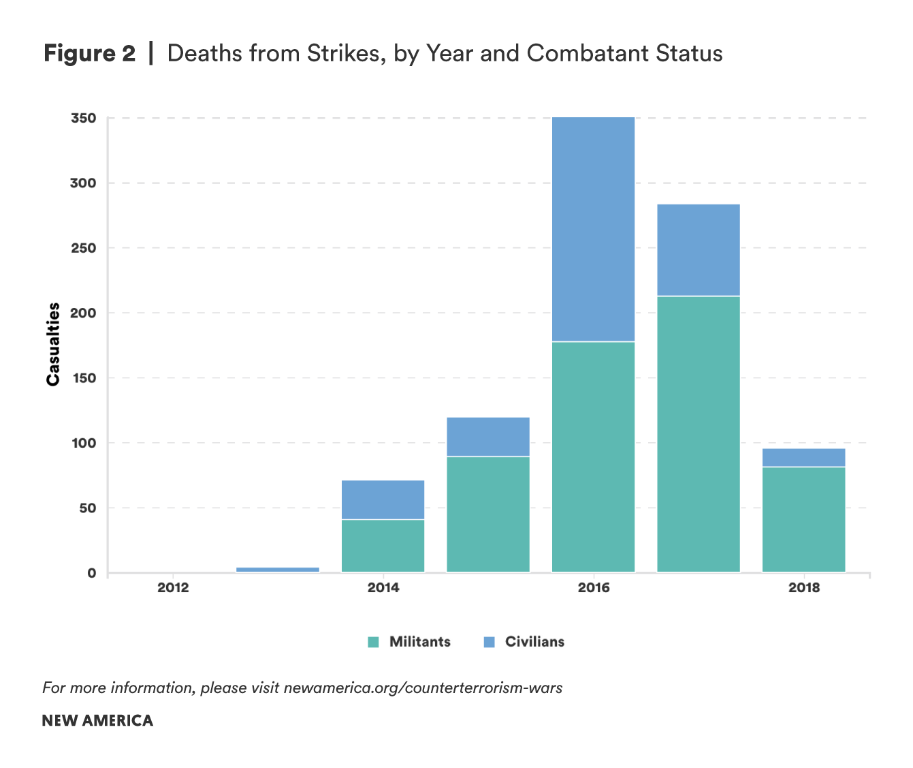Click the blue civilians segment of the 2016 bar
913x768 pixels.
tap(593, 229)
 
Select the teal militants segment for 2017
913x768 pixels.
tap(699, 434)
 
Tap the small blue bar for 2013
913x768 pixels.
tap(278, 569)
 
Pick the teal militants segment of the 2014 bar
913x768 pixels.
tap(383, 546)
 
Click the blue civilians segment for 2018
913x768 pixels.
tap(803, 458)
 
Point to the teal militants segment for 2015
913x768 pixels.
tap(488, 514)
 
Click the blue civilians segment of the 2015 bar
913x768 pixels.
tap(488, 437)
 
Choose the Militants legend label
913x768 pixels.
tap(419, 642)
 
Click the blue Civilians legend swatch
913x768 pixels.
tap(489, 642)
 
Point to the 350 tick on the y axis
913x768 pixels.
tap(83, 119)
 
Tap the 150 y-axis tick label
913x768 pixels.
tap(83, 378)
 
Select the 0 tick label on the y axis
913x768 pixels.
tap(91, 573)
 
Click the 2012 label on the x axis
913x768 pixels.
tap(173, 587)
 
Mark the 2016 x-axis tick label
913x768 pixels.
tap(594, 587)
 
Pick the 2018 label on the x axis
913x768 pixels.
tap(804, 587)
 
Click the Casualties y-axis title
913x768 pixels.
tap(53, 344)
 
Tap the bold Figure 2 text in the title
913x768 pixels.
tap(90, 53)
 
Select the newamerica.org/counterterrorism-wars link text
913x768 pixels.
tap(423, 688)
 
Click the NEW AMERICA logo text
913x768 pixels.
tap(97, 721)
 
